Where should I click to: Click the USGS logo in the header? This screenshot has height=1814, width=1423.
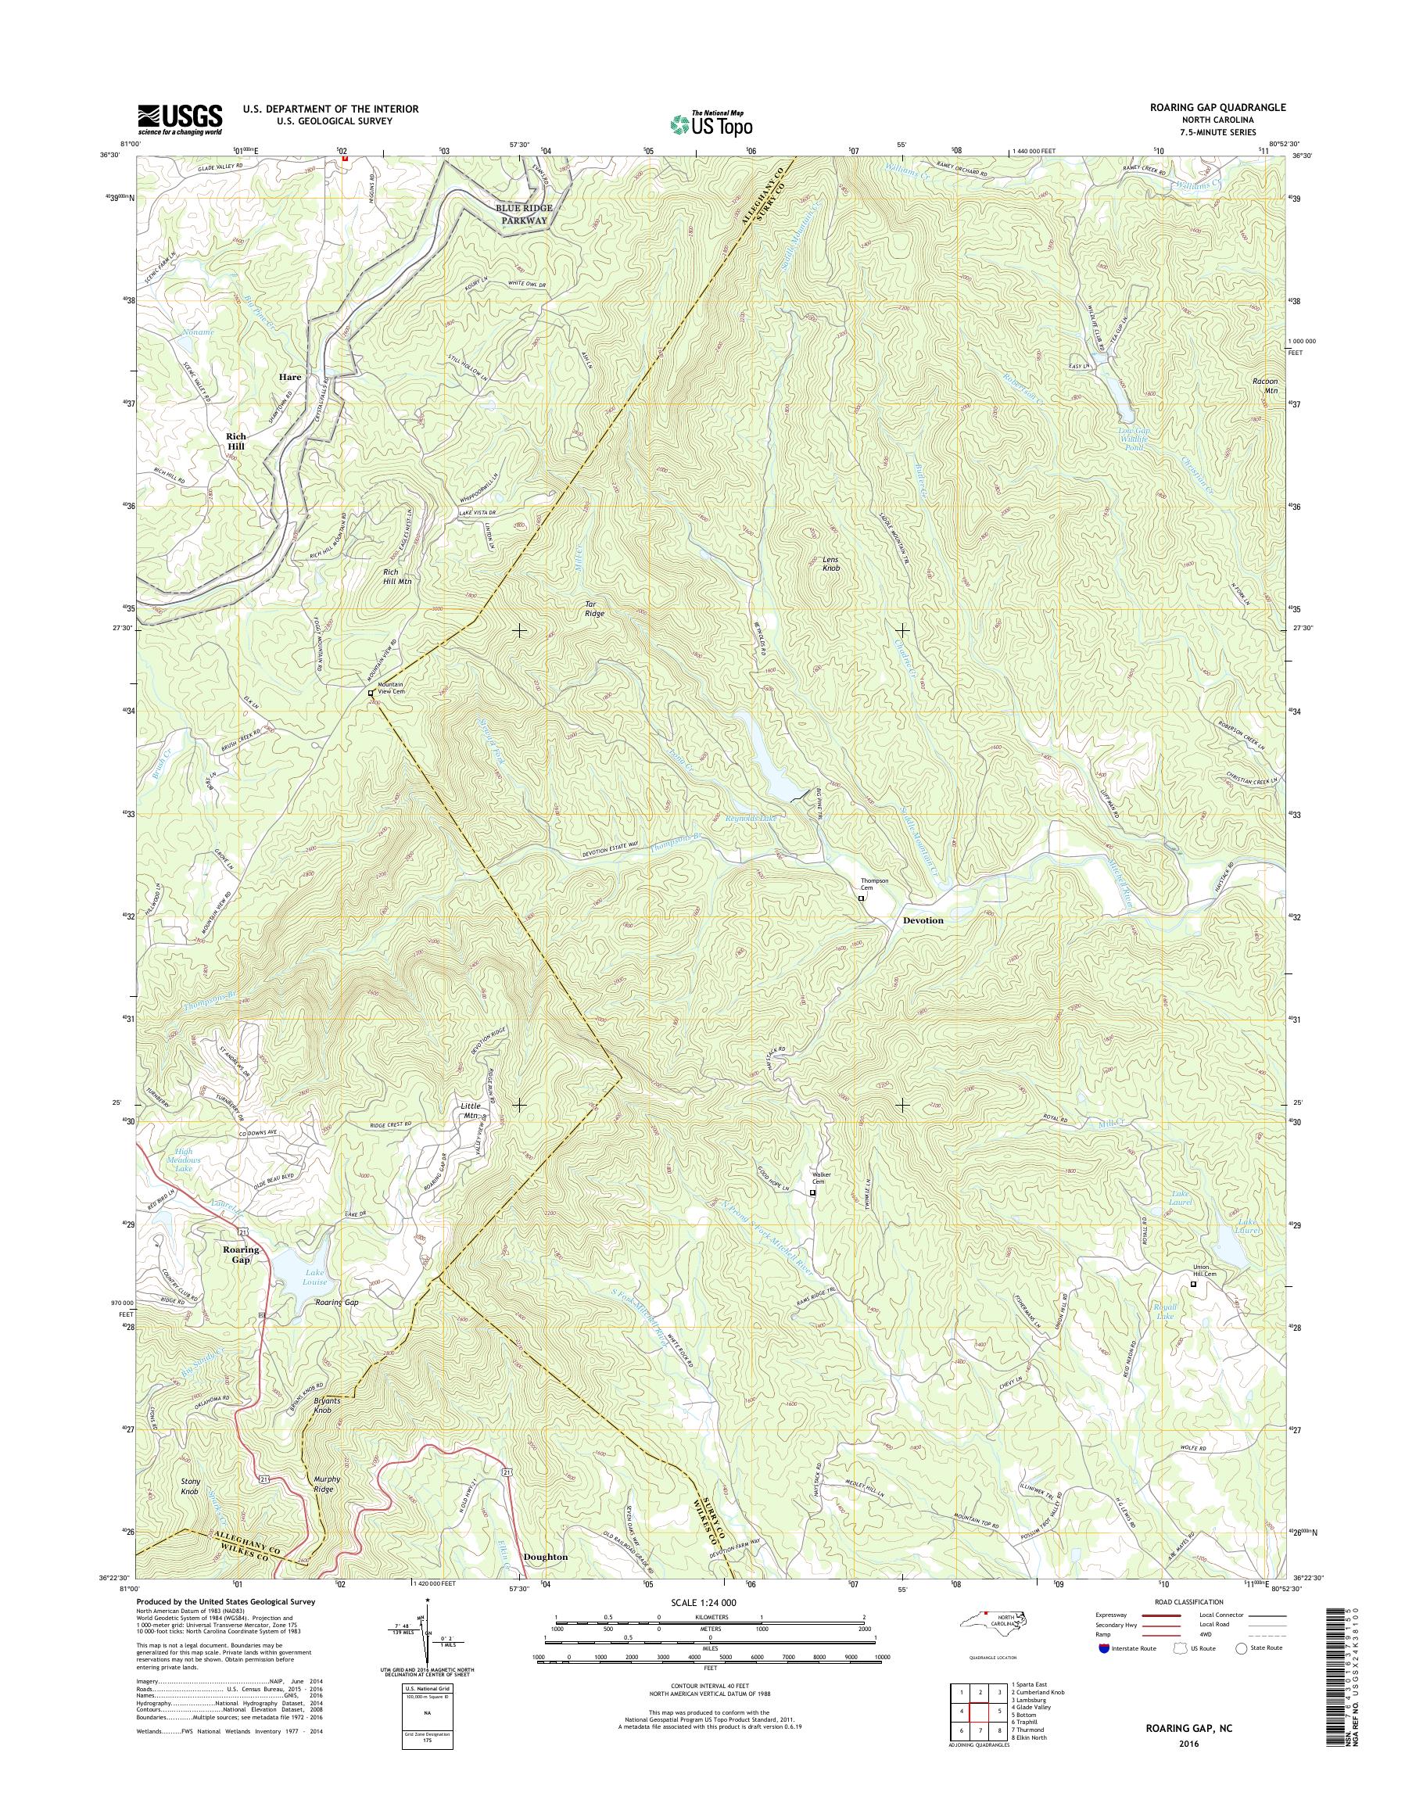click(179, 119)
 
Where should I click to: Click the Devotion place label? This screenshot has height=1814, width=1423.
click(923, 921)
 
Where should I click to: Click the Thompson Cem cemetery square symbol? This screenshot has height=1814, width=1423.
click(862, 899)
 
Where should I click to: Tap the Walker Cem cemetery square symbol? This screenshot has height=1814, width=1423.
click(813, 1192)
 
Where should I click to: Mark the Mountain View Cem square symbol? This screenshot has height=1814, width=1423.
click(371, 694)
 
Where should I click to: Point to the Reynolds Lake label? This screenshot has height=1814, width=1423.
click(751, 819)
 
